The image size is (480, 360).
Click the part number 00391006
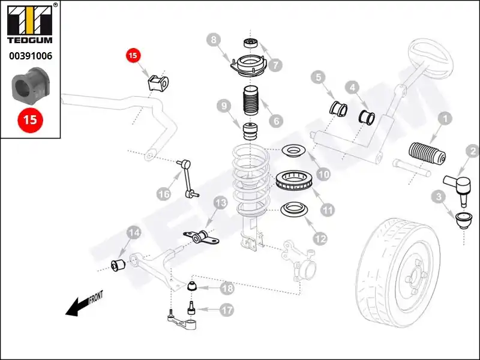coord(31,56)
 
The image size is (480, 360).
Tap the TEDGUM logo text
coord(29,40)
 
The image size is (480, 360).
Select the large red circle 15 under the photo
coord(31,120)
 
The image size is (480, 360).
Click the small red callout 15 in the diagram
coord(133,55)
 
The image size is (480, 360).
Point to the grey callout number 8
coord(214,40)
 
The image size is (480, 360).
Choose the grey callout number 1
coord(445,118)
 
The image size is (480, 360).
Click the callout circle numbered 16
coord(164,194)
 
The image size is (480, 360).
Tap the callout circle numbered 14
coord(134,233)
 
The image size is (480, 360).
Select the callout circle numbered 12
coord(320,238)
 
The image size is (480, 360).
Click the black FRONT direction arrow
coord(77,307)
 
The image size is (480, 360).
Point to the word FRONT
coord(96,297)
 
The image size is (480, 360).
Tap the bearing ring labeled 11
coord(294,181)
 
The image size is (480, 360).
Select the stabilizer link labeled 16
coord(188,178)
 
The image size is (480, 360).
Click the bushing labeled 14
coord(117,265)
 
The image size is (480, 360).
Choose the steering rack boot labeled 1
coord(427,153)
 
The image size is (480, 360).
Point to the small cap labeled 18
coord(192,286)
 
